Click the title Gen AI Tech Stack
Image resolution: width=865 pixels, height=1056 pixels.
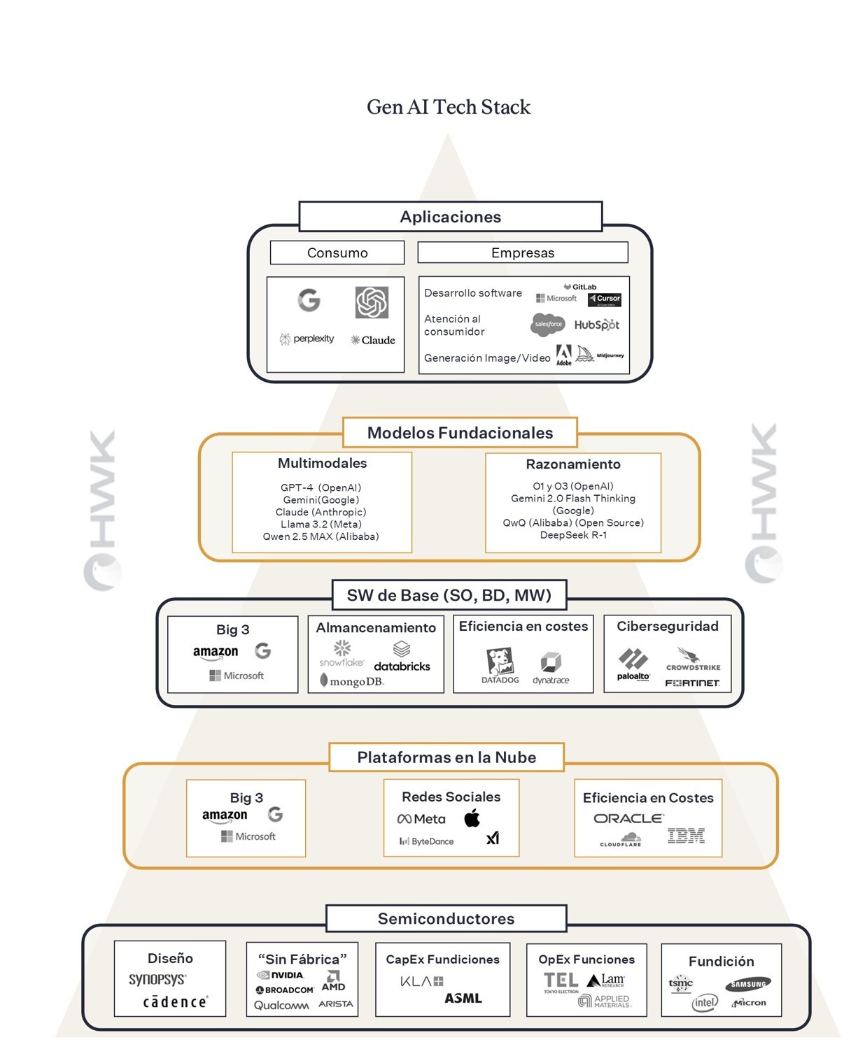tap(449, 107)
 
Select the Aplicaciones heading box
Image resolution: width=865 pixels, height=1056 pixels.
tap(450, 217)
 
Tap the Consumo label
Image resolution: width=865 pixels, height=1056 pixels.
tap(337, 252)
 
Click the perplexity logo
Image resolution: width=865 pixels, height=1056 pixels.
tap(307, 339)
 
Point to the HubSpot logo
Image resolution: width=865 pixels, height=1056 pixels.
tap(596, 325)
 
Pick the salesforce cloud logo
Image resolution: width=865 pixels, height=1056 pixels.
tap(548, 324)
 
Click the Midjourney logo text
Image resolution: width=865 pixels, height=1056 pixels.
tap(610, 355)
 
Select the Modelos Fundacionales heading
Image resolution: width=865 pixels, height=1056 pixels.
tap(460, 433)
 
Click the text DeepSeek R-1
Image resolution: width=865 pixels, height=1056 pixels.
tap(573, 535)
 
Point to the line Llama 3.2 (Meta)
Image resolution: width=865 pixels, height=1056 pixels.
tap(321, 525)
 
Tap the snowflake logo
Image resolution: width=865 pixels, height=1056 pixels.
tap(342, 653)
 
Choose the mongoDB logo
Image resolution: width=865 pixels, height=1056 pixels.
tap(352, 680)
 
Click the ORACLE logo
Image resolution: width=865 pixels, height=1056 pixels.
tap(628, 818)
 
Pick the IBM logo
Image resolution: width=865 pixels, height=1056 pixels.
tap(686, 836)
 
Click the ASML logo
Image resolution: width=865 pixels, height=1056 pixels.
tap(463, 998)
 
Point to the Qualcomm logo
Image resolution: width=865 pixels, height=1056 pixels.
tap(281, 1005)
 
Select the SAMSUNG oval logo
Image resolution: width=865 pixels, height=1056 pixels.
tap(748, 984)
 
